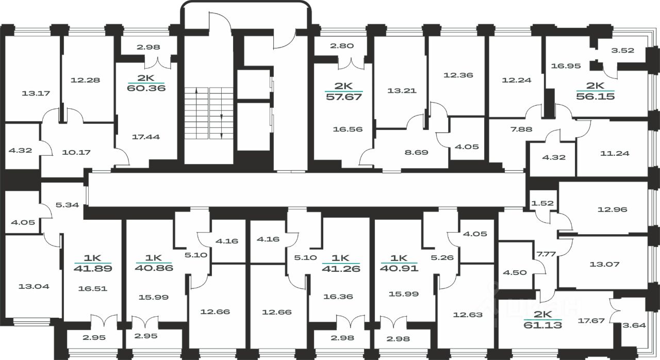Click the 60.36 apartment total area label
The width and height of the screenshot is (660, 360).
[x=146, y=88]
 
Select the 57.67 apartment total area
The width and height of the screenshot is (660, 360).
[x=344, y=96]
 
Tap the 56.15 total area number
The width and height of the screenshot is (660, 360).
[x=596, y=96]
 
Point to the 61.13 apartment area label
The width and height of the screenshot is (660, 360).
[x=543, y=325]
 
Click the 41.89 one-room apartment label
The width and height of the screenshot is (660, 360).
[x=93, y=268]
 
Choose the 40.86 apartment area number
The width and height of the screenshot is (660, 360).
[x=154, y=268]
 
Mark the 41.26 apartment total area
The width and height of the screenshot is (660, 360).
[x=341, y=269]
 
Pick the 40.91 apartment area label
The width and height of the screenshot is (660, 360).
[x=399, y=268]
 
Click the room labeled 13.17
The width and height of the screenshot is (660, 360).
[x=36, y=93]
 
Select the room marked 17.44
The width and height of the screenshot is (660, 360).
[x=146, y=137]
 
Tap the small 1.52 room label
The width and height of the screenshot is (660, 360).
[x=542, y=203]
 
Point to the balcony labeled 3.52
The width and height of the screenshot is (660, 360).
[x=622, y=50]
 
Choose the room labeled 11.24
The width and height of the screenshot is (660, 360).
[x=615, y=153]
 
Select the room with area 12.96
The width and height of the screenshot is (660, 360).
[x=612, y=209]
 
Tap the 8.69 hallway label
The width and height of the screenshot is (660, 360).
[x=416, y=152]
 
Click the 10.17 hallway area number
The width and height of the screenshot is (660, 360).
[x=76, y=152]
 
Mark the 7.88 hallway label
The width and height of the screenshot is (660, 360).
[x=521, y=129]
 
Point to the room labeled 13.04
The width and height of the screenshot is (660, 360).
[x=34, y=286]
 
